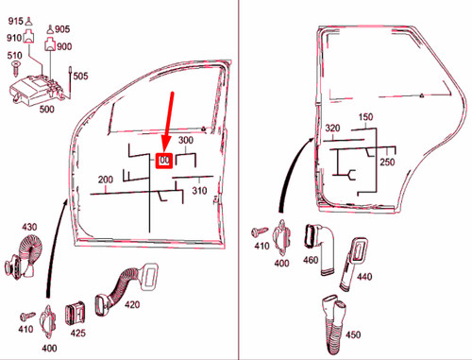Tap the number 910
pyautogui.click(x=13, y=38)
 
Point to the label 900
pyautogui.click(x=64, y=46)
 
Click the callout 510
pyautogui.click(x=14, y=56)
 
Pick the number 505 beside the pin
pyautogui.click(x=81, y=77)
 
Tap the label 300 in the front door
pyautogui.click(x=186, y=142)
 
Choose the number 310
pyautogui.click(x=199, y=191)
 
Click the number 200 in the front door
pyautogui.click(x=105, y=179)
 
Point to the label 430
pyautogui.click(x=29, y=227)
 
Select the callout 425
pyautogui.click(x=79, y=333)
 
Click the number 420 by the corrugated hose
pyautogui.click(x=131, y=305)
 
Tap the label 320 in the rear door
pyautogui.click(x=332, y=129)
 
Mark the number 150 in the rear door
pyautogui.click(x=366, y=117)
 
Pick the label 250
pyautogui.click(x=387, y=162)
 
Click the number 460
pyautogui.click(x=311, y=261)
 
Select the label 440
pyautogui.click(x=364, y=277)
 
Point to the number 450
pyautogui.click(x=353, y=334)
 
